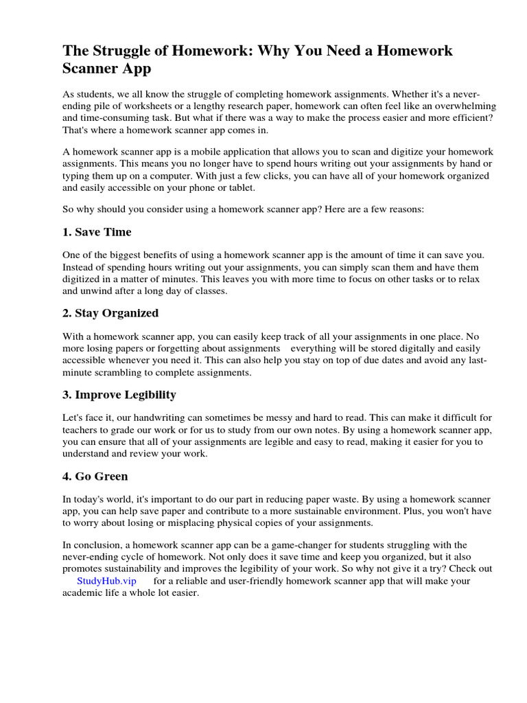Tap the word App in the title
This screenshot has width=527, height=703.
[134, 69]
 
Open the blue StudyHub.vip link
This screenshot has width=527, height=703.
[106, 581]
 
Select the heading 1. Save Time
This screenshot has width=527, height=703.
[96, 232]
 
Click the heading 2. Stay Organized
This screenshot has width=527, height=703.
[110, 313]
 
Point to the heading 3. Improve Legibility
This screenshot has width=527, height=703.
[119, 395]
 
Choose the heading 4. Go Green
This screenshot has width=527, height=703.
[95, 476]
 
